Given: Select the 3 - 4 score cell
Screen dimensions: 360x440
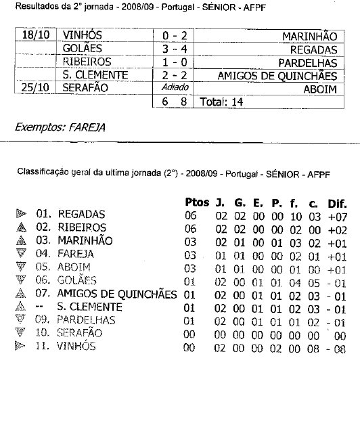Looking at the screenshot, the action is point(173,49).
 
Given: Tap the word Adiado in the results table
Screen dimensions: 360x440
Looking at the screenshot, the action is point(173,88).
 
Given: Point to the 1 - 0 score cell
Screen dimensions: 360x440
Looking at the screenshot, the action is point(173,62).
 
